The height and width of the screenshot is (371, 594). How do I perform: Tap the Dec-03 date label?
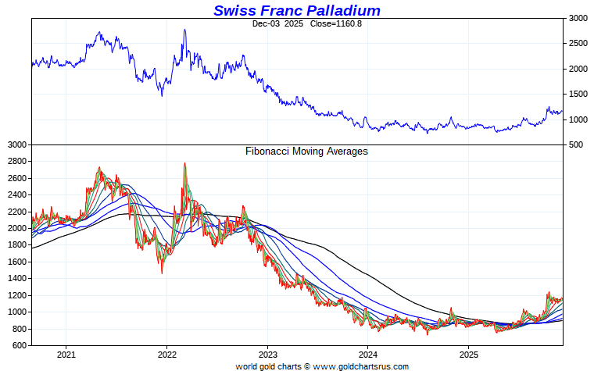tap(267, 23)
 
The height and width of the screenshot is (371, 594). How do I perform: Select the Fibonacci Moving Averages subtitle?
tap(306, 152)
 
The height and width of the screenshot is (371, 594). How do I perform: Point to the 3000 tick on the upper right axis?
tap(578, 17)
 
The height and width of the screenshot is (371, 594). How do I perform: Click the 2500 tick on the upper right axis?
tap(578, 43)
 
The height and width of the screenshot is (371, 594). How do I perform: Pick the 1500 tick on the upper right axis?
tap(578, 94)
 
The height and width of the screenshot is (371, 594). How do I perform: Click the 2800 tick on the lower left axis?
tap(17, 161)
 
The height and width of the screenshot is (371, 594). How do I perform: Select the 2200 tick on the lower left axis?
tap(17, 211)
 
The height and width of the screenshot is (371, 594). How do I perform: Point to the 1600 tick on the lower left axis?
tap(17, 262)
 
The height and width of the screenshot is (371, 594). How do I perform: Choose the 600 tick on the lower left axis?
tap(20, 345)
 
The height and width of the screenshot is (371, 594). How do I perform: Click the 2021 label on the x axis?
tap(66, 355)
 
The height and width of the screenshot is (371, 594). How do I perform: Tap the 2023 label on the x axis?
tap(267, 355)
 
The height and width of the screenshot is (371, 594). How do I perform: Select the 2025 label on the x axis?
tap(467, 355)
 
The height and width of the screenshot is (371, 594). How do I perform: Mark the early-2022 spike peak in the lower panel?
tap(184, 163)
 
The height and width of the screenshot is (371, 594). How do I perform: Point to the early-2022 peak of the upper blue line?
tap(184, 30)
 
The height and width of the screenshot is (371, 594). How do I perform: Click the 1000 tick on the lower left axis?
tap(17, 312)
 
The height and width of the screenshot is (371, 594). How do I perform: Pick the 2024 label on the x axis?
tap(367, 355)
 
